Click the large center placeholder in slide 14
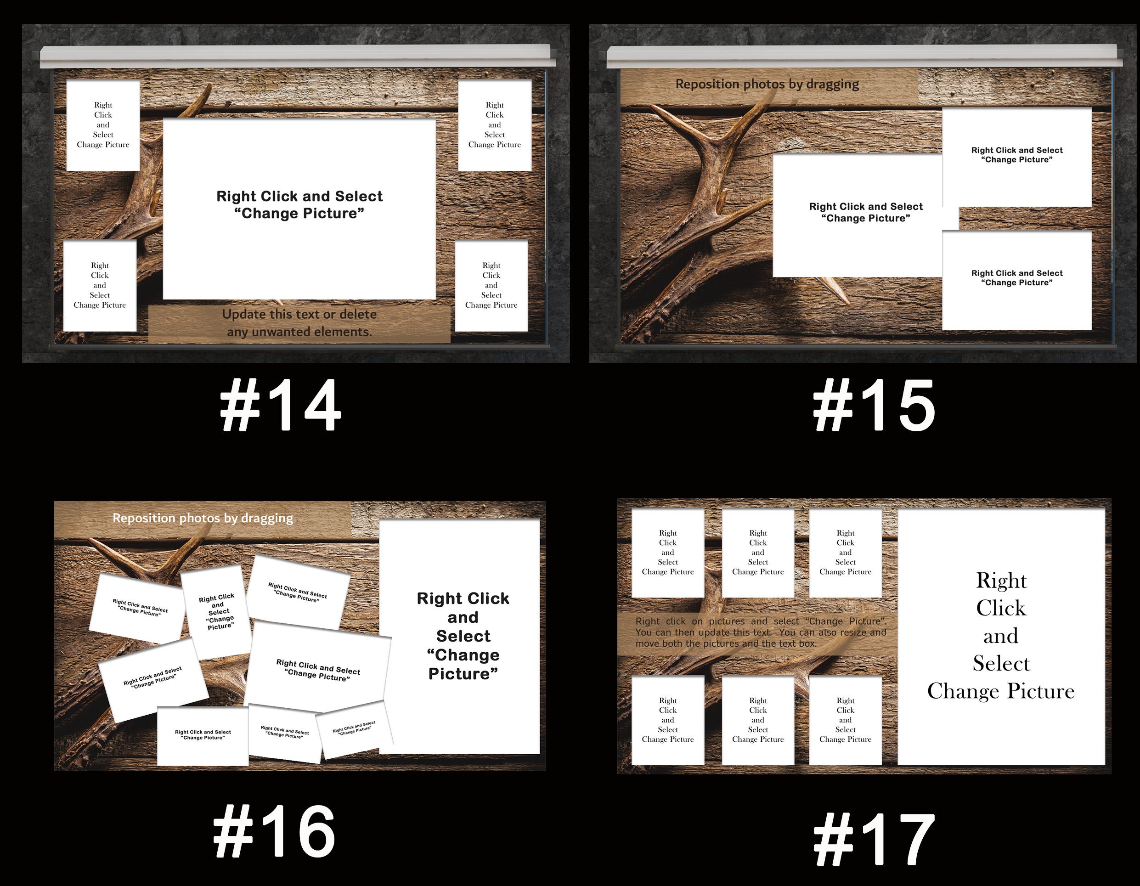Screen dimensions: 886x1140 point(299,209)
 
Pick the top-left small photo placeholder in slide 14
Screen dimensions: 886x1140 point(103,125)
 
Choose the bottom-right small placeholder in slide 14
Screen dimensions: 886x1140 point(491,285)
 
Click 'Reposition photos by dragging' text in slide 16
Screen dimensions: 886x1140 point(203,518)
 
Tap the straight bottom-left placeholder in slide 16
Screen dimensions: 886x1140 point(203,735)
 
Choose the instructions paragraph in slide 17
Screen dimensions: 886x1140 point(760,632)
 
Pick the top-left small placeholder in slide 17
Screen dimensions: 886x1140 point(668,553)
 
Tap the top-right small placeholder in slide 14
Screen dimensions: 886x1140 point(494,125)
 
